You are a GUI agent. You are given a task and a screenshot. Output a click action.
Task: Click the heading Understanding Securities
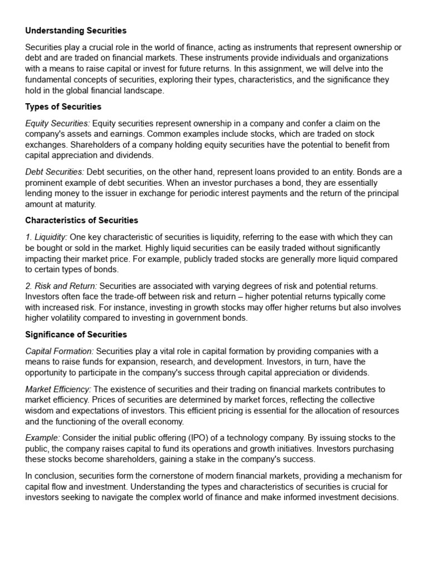click(76, 30)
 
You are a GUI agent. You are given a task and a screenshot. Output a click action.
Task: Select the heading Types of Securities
click(63, 107)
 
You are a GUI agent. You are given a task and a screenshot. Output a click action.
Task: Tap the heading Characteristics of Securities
click(81, 220)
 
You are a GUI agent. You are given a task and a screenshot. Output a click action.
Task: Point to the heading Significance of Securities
click(76, 335)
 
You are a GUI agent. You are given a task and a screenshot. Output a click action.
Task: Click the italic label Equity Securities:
click(57, 123)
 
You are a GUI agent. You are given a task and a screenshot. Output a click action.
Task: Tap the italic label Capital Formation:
click(60, 351)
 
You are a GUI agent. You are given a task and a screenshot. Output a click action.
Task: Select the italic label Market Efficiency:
click(59, 389)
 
